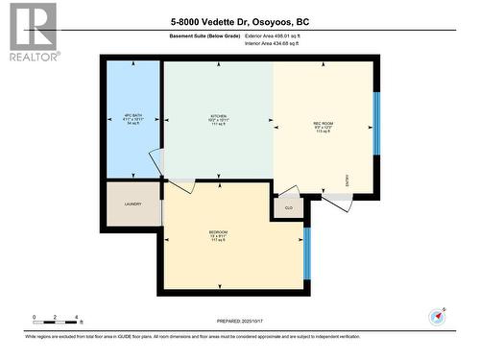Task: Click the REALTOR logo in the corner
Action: tap(31, 32)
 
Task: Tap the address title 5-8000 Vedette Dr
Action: tap(241, 22)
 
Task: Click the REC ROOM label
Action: tap(323, 126)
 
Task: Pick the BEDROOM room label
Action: tap(218, 235)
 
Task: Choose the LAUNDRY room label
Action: tap(132, 204)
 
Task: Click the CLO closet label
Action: tap(288, 207)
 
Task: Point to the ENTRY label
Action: tap(347, 179)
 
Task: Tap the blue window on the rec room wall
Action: tap(376, 123)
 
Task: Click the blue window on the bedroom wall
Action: tap(306, 252)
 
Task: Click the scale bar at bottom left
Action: tap(56, 318)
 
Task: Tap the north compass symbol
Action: tap(438, 316)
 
